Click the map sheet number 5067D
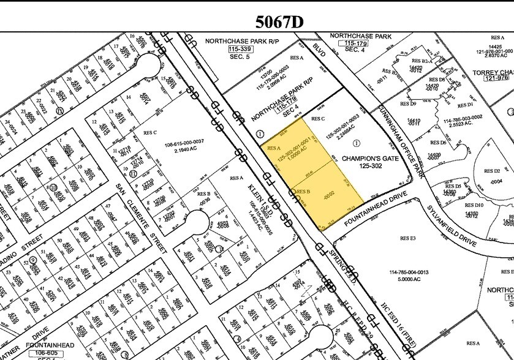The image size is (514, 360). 279,23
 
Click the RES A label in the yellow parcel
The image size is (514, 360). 273,148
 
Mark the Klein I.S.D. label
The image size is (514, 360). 256,204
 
